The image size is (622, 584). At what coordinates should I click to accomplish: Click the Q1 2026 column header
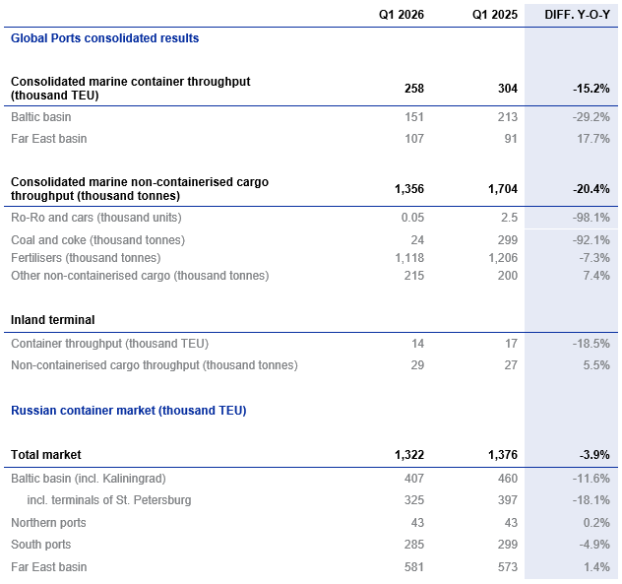402,14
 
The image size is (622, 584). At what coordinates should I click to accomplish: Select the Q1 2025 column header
495,14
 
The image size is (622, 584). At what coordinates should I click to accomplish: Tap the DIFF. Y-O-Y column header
578,14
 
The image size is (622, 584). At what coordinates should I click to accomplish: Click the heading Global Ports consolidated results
104,38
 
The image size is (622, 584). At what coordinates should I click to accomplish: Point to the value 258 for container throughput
413,89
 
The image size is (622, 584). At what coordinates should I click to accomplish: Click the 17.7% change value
592,139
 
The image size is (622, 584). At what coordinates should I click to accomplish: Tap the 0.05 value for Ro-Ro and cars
411,217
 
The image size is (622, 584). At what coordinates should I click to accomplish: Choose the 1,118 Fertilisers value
408,258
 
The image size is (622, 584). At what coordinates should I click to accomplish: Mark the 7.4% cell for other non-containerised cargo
595,276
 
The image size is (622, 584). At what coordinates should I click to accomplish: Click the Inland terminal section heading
52,320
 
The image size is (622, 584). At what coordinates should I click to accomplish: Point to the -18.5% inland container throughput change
591,344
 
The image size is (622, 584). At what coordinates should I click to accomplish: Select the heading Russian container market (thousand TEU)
128,411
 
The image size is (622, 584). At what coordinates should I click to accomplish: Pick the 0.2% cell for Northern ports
595,523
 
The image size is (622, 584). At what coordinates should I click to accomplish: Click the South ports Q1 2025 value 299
506,545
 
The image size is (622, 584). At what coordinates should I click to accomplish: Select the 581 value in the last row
413,567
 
